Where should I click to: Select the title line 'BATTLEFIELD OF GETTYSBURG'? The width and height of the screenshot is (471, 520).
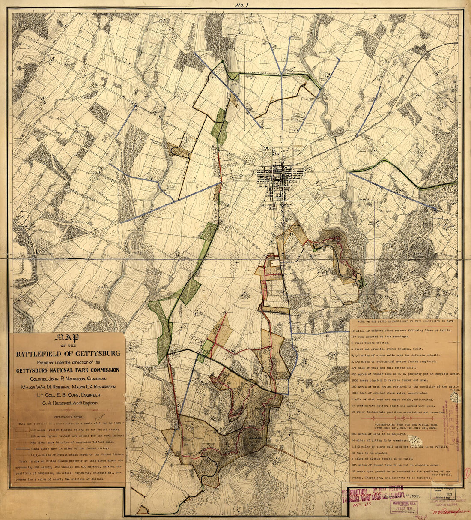(x=68, y=354)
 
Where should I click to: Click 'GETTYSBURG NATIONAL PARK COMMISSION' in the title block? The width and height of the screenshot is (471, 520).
(x=68, y=370)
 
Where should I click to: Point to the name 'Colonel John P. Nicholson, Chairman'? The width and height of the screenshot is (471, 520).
(x=68, y=379)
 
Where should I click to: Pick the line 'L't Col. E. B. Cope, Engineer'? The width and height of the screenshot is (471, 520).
(x=68, y=395)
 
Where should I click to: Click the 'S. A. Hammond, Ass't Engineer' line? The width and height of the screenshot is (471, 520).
(x=68, y=403)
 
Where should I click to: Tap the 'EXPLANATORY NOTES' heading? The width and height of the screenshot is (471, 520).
(x=68, y=416)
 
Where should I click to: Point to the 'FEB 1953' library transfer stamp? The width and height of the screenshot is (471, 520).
(x=445, y=493)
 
